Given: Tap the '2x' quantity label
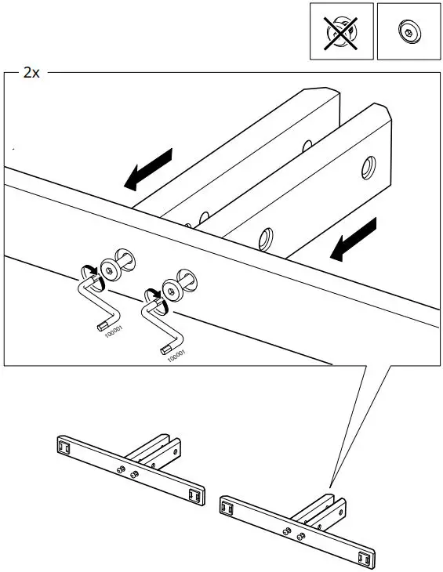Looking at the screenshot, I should [31, 72].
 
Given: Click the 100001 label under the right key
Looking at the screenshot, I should [176, 354].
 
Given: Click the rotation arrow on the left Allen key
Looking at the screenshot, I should [90, 270].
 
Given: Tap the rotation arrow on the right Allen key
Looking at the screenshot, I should [153, 292].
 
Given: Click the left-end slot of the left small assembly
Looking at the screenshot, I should [65, 447].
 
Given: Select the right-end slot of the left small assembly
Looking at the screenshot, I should [194, 494].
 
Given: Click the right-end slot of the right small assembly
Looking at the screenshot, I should [362, 557].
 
